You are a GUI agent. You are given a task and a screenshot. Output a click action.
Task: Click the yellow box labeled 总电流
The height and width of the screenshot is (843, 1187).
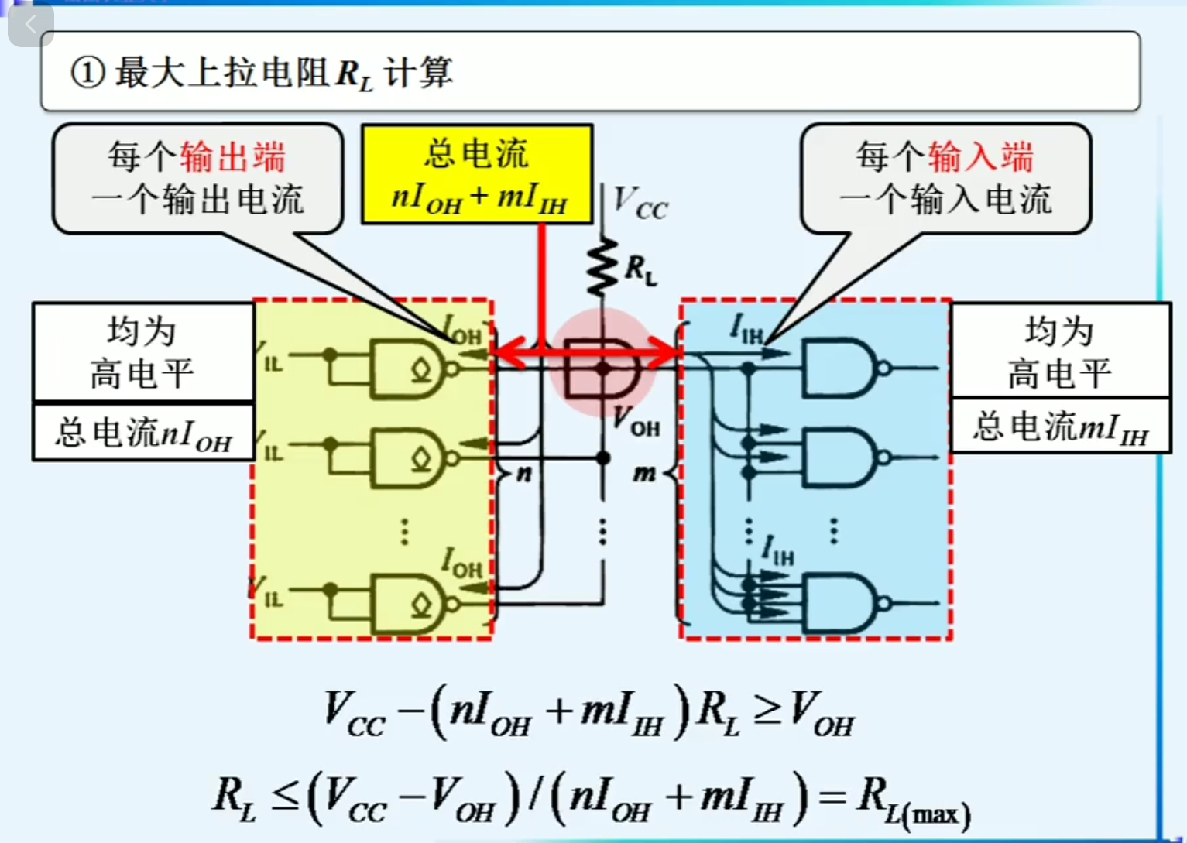tap(477, 174)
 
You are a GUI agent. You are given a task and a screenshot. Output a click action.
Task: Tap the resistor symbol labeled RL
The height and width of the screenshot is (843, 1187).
tap(601, 268)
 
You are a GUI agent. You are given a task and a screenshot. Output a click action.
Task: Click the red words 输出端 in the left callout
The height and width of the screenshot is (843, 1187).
tap(233, 157)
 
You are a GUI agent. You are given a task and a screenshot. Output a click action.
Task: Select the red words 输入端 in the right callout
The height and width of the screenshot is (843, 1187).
tap(980, 157)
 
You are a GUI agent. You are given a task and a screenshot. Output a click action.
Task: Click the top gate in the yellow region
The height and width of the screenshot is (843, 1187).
tap(408, 368)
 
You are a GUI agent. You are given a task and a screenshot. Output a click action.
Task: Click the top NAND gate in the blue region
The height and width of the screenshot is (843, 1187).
tap(841, 368)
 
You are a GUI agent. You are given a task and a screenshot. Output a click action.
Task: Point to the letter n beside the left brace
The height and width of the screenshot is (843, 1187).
tap(524, 472)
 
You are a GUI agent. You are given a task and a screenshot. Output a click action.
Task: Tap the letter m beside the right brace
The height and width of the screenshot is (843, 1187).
tap(644, 472)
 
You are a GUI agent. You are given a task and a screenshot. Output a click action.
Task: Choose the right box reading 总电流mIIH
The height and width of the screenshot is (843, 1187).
tap(1060, 427)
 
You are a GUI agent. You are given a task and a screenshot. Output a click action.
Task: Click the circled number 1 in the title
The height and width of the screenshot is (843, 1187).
tap(87, 73)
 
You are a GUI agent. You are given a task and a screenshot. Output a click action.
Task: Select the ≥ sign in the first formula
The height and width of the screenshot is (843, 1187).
tap(767, 711)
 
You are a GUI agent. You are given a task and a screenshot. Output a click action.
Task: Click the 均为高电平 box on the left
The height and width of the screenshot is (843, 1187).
tap(143, 352)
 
